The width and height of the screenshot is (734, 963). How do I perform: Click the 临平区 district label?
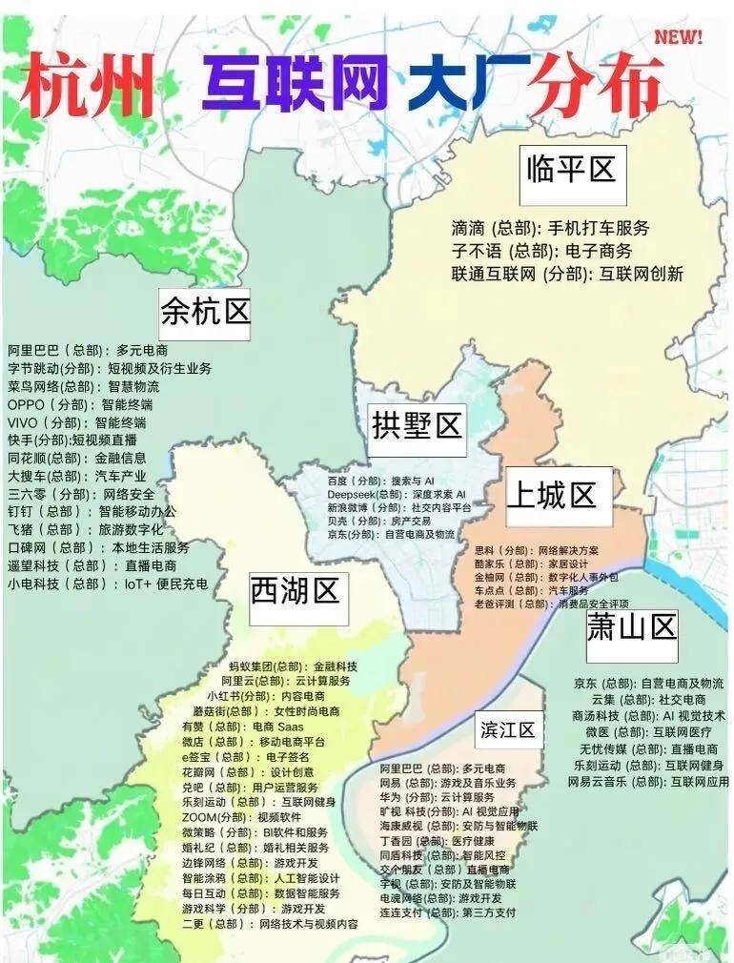571,172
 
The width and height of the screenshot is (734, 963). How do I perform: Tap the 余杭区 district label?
205,311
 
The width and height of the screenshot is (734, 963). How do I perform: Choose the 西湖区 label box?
295,591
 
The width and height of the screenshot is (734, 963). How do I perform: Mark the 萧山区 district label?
631,628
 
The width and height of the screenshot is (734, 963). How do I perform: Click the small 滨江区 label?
508,730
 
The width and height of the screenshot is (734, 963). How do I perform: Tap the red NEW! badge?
678,37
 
